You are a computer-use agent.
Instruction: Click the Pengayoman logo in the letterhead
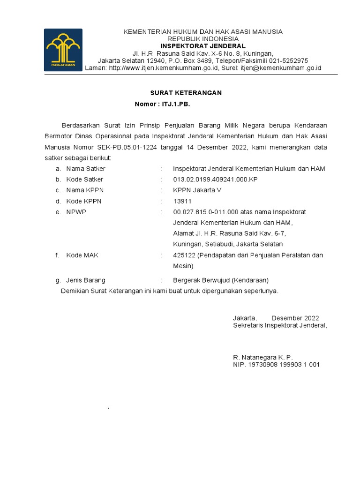click(63, 50)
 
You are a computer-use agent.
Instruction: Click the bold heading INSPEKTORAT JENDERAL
click(203, 46)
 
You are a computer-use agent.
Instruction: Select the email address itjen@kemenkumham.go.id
click(281, 68)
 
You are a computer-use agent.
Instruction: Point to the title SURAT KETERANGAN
click(186, 93)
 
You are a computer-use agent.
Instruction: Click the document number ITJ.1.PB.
click(175, 104)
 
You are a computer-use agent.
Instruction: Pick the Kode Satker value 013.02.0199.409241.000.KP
click(215, 180)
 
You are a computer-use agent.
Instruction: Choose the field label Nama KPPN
click(85, 190)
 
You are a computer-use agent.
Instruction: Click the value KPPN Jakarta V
click(197, 190)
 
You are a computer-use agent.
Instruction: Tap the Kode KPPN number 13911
click(182, 201)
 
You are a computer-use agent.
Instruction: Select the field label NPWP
click(76, 212)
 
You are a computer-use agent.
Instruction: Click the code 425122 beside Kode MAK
click(184, 255)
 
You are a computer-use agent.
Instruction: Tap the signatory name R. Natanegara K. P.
click(262, 357)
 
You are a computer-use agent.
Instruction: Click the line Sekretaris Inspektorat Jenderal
click(280, 325)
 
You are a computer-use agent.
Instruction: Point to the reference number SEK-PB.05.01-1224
click(125, 147)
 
